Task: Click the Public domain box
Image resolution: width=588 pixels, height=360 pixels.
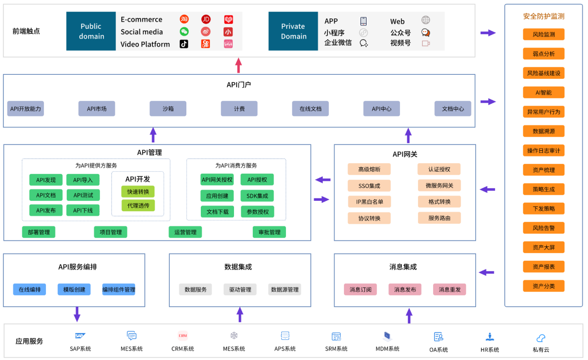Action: pyautogui.click(x=91, y=31)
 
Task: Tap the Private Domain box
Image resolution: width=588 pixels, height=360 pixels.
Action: pyautogui.click(x=293, y=31)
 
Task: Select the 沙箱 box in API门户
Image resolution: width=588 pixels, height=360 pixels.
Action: pyautogui.click(x=168, y=109)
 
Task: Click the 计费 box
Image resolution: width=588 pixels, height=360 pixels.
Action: pyautogui.click(x=239, y=109)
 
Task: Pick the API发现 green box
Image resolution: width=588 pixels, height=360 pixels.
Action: pyautogui.click(x=46, y=180)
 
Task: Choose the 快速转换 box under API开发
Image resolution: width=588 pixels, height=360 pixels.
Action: pyautogui.click(x=138, y=192)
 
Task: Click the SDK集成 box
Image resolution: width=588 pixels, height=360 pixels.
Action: pyautogui.click(x=257, y=196)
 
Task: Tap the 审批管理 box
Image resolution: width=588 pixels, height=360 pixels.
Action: pyautogui.click(x=269, y=232)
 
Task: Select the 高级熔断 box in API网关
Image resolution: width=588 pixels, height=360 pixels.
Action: pyautogui.click(x=369, y=170)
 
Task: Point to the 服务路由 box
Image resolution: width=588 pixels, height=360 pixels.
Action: pyautogui.click(x=439, y=218)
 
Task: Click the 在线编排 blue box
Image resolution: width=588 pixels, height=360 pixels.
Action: pyautogui.click(x=30, y=290)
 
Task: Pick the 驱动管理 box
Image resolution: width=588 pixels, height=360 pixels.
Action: pyautogui.click(x=240, y=290)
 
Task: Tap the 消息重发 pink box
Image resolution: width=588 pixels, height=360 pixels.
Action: pyautogui.click(x=450, y=290)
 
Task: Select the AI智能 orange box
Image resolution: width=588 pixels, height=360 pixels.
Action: pyautogui.click(x=544, y=93)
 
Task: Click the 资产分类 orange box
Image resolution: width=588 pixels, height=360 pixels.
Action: pyautogui.click(x=544, y=286)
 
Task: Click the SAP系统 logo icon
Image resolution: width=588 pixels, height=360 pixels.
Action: pyautogui.click(x=80, y=336)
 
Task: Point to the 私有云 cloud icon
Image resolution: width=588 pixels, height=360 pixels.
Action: pyautogui.click(x=541, y=338)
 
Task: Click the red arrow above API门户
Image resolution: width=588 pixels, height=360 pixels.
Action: pyautogui.click(x=239, y=65)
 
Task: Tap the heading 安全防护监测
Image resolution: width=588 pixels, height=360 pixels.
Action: pyautogui.click(x=544, y=16)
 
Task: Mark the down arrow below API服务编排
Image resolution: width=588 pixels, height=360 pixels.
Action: pyautogui.click(x=77, y=314)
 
